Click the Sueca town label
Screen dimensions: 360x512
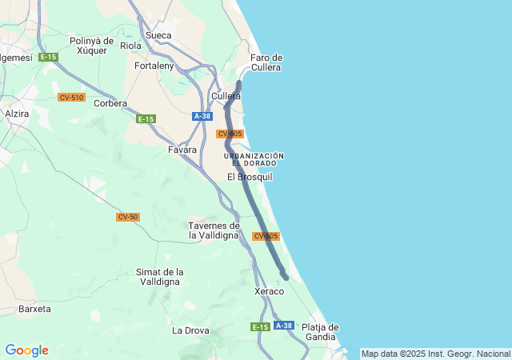point(158,35)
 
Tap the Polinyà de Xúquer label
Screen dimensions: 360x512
point(92,45)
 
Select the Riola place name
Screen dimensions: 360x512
point(130,46)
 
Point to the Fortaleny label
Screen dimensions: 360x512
point(155,66)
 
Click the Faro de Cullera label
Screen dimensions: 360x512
point(266,62)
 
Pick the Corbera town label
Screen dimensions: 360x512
point(110,103)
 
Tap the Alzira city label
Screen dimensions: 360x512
point(17,114)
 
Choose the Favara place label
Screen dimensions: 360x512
point(182,150)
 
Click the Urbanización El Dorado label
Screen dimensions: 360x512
point(254,159)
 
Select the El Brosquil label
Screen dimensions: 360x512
point(250,177)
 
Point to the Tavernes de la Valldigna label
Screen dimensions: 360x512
point(214,230)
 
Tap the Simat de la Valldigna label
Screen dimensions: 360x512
point(160,277)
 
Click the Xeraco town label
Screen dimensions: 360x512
point(269,291)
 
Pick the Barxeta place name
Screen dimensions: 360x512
point(34,309)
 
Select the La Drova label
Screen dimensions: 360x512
point(190,330)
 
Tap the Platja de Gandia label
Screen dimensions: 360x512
point(320,331)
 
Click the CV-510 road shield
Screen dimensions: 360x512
point(71,98)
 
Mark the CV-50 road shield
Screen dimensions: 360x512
point(127,217)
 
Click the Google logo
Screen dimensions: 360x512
point(26,350)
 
